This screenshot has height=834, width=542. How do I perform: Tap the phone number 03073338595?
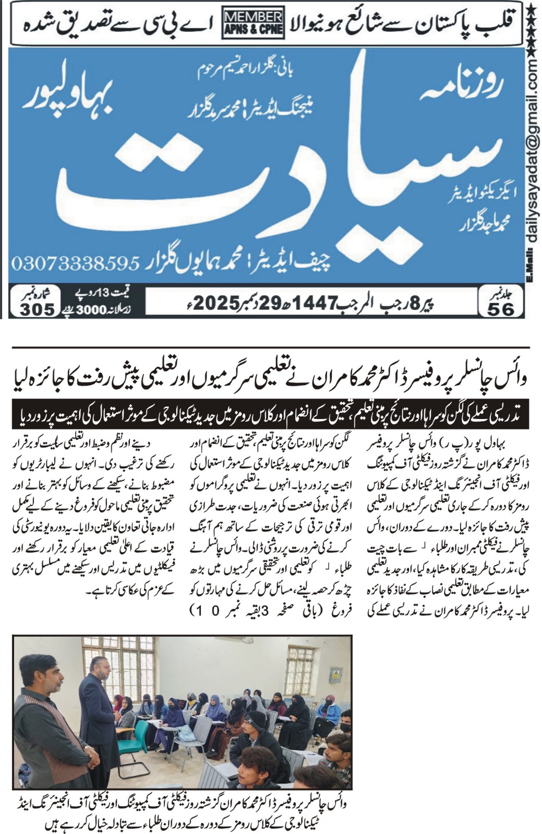click(x=75, y=262)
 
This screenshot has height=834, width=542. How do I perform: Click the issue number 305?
click(x=38, y=309)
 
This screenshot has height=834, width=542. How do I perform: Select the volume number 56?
click(x=500, y=309)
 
